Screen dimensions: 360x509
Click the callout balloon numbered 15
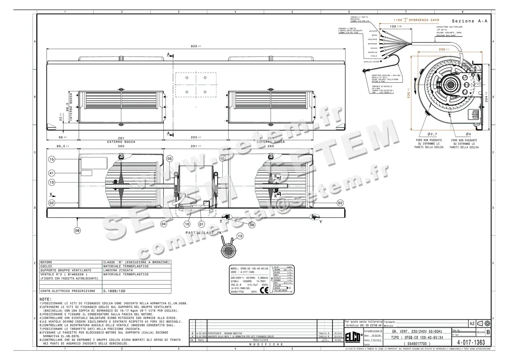click(x=52, y=160)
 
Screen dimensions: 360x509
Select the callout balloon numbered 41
click(x=52, y=173)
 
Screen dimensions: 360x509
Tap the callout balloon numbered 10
click(x=187, y=224)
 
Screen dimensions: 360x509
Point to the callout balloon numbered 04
click(x=164, y=223)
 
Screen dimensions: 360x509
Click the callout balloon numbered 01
click(x=201, y=224)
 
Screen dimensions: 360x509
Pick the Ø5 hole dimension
click(x=467, y=134)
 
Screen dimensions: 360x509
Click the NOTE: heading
click(x=45, y=299)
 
